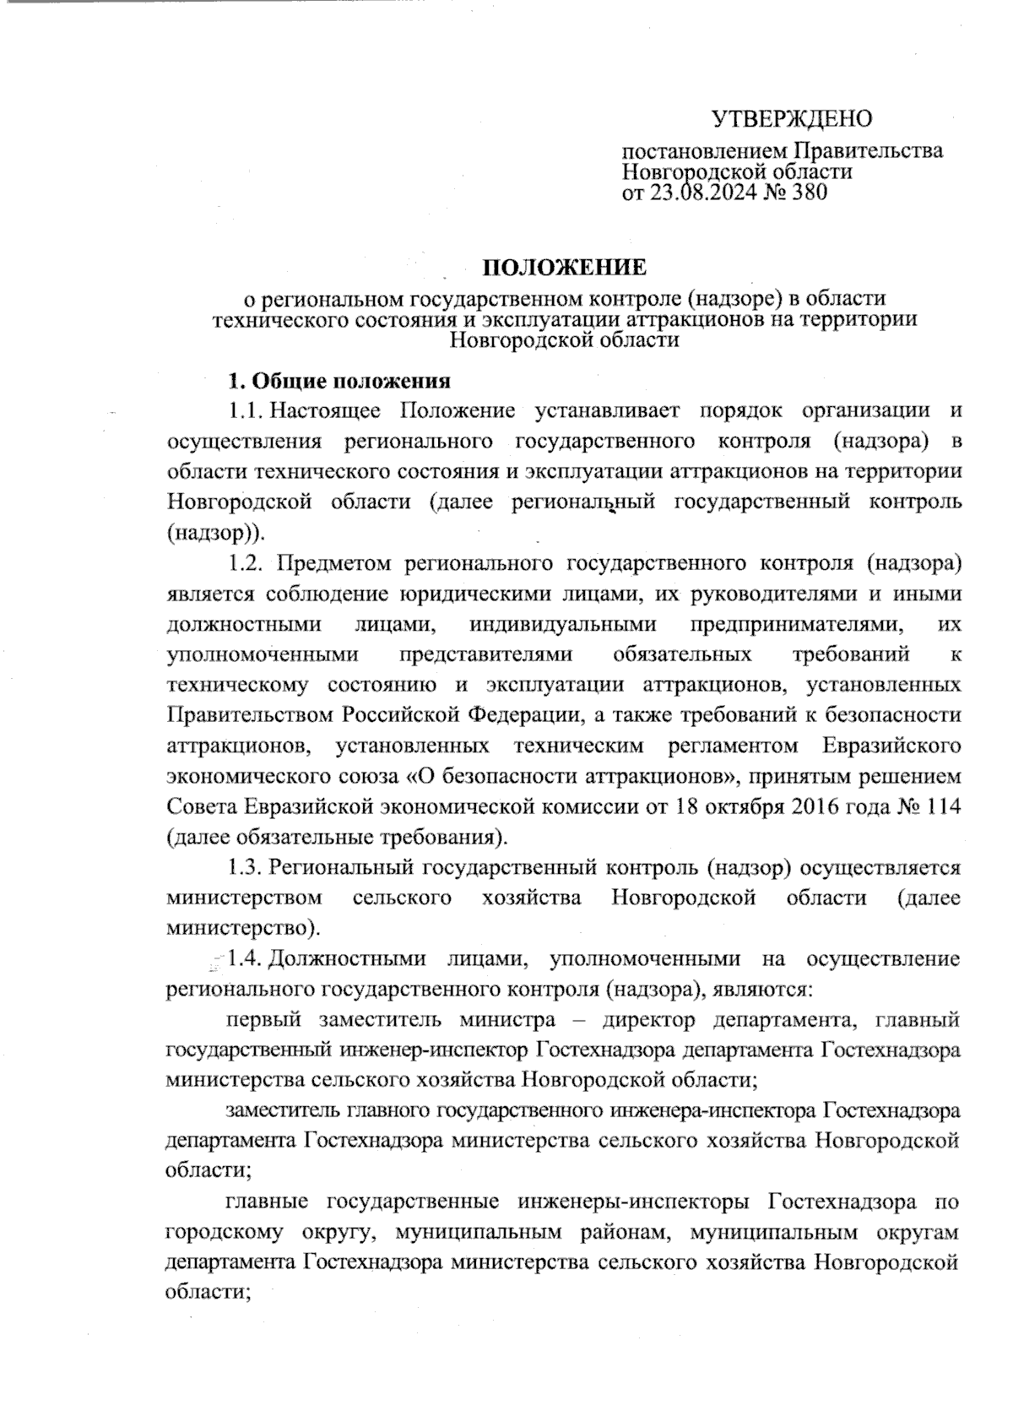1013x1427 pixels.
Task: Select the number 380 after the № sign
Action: point(804,193)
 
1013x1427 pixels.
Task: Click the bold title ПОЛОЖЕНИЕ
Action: point(564,268)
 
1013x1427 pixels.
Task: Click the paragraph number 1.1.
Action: point(245,411)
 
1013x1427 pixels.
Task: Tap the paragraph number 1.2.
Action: point(246,562)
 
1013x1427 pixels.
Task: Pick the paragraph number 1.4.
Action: point(245,959)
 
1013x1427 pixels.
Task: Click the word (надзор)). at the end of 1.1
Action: point(215,533)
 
